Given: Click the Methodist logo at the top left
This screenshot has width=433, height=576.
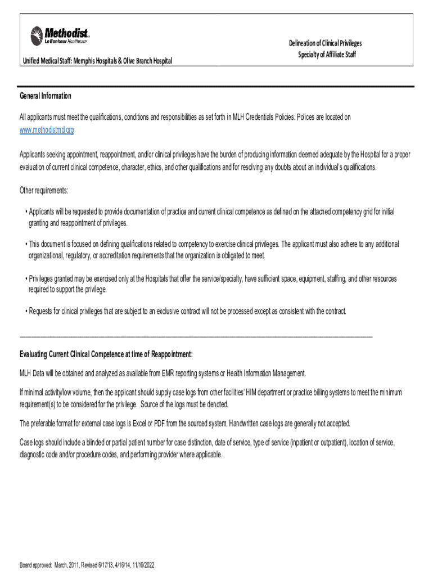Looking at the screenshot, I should [x=59, y=35].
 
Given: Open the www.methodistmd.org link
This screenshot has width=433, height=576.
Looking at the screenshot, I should [x=47, y=130].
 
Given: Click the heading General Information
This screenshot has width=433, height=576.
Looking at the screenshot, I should [x=46, y=96].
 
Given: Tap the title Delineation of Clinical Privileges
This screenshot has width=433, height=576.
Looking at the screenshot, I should [x=325, y=43].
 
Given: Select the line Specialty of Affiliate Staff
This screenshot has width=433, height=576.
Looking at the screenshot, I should [x=327, y=55].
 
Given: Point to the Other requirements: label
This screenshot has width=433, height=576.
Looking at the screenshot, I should [x=44, y=191].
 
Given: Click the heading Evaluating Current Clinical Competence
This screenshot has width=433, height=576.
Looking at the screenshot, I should [x=106, y=354].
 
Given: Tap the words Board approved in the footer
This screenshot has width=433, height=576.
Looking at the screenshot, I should [x=35, y=565].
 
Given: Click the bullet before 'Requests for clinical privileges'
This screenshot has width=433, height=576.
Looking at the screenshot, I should [x=26, y=311].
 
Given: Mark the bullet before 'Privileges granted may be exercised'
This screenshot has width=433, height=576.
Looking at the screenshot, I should [x=26, y=279].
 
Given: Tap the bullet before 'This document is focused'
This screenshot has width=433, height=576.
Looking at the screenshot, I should [x=26, y=245].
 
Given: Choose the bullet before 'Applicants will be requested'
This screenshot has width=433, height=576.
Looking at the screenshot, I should [x=26, y=212].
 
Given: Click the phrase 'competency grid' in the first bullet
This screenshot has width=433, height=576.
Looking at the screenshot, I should [x=335, y=212].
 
